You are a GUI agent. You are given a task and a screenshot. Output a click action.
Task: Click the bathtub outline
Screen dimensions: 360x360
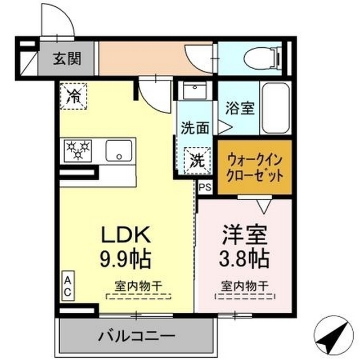point(276,108)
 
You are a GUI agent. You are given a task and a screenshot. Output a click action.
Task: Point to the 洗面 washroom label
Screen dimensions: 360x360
point(195,128)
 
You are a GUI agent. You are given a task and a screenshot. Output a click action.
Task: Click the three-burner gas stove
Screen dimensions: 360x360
point(79,150)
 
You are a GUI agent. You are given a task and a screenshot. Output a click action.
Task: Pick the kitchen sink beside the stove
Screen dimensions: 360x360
point(119,150)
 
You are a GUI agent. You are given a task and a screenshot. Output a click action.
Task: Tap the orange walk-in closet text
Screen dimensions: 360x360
point(254,167)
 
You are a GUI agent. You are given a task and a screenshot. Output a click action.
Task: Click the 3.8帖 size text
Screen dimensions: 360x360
point(244,259)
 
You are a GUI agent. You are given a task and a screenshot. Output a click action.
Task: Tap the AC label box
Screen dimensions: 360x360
point(66,286)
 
